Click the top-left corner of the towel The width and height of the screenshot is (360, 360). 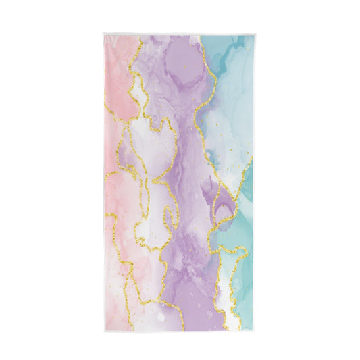(x=104, y=33)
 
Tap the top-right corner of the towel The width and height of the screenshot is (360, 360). (x=255, y=33)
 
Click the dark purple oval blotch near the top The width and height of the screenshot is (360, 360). (x=180, y=64)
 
